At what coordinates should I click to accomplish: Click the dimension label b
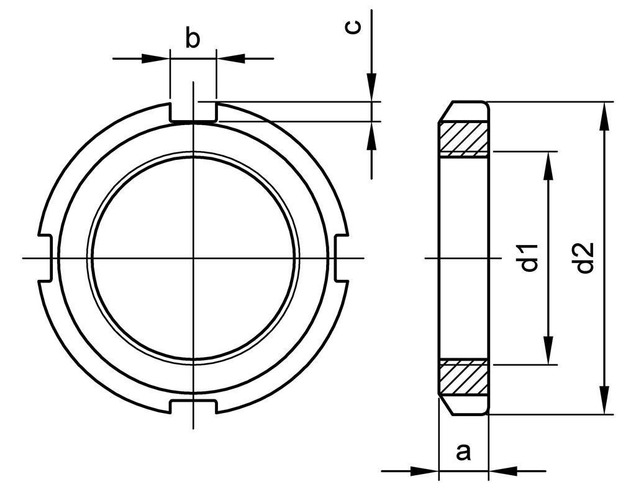(193, 39)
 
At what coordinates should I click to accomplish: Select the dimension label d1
(529, 258)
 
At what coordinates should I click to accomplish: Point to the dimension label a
(463, 452)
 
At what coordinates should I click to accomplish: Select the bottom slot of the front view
(193, 405)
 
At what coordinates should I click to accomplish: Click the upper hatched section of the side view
(463, 139)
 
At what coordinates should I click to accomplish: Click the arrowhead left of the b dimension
(155, 58)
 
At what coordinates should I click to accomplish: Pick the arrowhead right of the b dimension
(231, 58)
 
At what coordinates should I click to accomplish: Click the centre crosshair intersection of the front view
(194, 258)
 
